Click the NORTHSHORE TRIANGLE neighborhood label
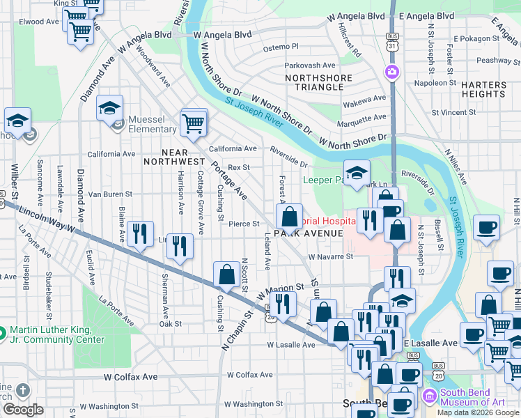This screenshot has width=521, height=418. click(313, 82)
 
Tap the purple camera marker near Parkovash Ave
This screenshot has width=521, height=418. click(391, 72)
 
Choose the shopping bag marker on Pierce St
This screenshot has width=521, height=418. click(289, 216)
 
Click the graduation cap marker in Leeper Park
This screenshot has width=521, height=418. click(357, 173)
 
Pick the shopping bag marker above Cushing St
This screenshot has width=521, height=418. click(226, 274)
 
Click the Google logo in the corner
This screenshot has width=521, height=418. click(23, 410)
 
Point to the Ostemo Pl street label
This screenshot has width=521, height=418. click(281, 47)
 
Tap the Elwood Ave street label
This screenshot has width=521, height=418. click(38, 22)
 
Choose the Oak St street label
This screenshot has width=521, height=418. click(170, 323)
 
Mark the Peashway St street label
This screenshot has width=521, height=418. click(495, 61)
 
